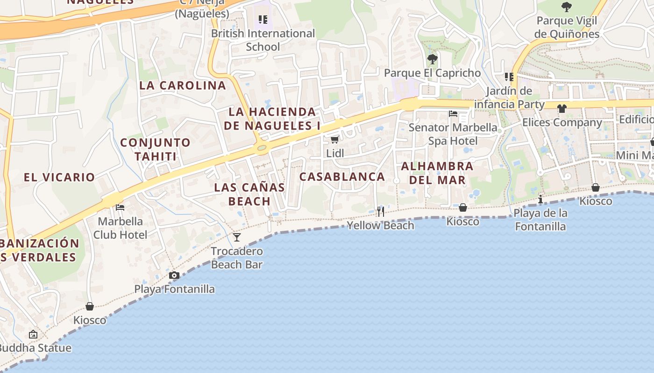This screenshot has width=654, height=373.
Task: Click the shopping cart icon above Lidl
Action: pos(334,139)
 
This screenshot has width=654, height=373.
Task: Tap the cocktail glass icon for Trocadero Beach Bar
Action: pos(237,237)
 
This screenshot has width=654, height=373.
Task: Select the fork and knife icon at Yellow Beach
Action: pos(381,212)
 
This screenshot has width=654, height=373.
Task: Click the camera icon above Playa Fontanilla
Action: pos(174,276)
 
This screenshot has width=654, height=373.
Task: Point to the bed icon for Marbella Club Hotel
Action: pos(120,207)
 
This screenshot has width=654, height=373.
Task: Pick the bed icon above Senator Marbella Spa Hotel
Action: pos(453,113)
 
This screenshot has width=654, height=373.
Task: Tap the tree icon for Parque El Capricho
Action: pos(432,59)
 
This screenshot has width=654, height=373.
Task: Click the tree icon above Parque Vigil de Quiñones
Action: pos(567,7)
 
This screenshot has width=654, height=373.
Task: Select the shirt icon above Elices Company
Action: pos(562,109)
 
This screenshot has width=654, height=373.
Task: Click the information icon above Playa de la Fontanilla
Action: pos(540,200)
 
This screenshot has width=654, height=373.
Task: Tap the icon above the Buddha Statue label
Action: pos(33,334)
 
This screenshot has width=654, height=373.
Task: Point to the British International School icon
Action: pos(263,20)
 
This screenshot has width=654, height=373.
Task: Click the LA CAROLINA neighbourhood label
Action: pos(183,85)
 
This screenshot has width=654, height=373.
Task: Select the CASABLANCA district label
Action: pos(342,177)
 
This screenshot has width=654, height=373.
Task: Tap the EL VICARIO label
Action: pos(59,177)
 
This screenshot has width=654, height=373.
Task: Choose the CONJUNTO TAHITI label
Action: pos(156,149)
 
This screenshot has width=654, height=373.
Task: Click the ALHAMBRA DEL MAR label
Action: pos(437,173)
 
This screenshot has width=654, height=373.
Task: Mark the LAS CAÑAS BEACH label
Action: pos(249,194)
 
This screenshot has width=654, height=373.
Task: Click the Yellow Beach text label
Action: pos(380,225)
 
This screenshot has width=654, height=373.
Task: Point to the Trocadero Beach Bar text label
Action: pos(237,258)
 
